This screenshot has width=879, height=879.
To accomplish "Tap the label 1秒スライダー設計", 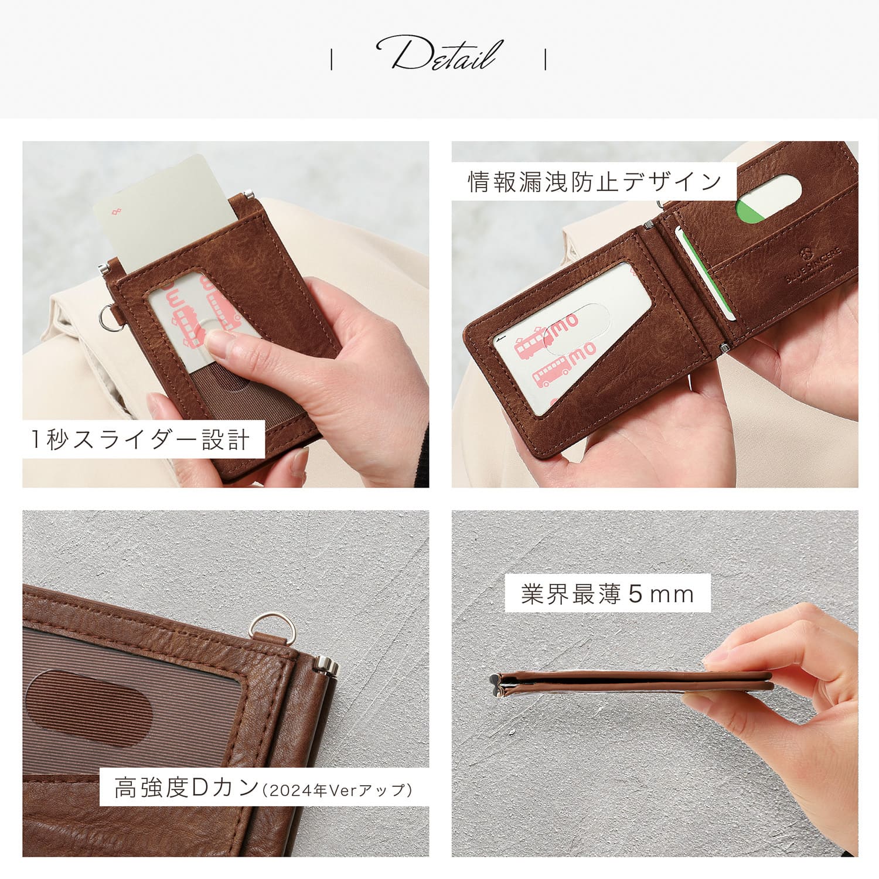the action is (x=141, y=439).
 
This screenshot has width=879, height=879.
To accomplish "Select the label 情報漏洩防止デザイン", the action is (x=595, y=182).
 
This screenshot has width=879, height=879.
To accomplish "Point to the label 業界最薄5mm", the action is (x=608, y=594).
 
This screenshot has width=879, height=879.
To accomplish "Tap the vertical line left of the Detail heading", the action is (x=332, y=59).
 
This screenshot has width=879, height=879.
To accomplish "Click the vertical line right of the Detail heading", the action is (x=546, y=59).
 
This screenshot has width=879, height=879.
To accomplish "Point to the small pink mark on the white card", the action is (x=117, y=211).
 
